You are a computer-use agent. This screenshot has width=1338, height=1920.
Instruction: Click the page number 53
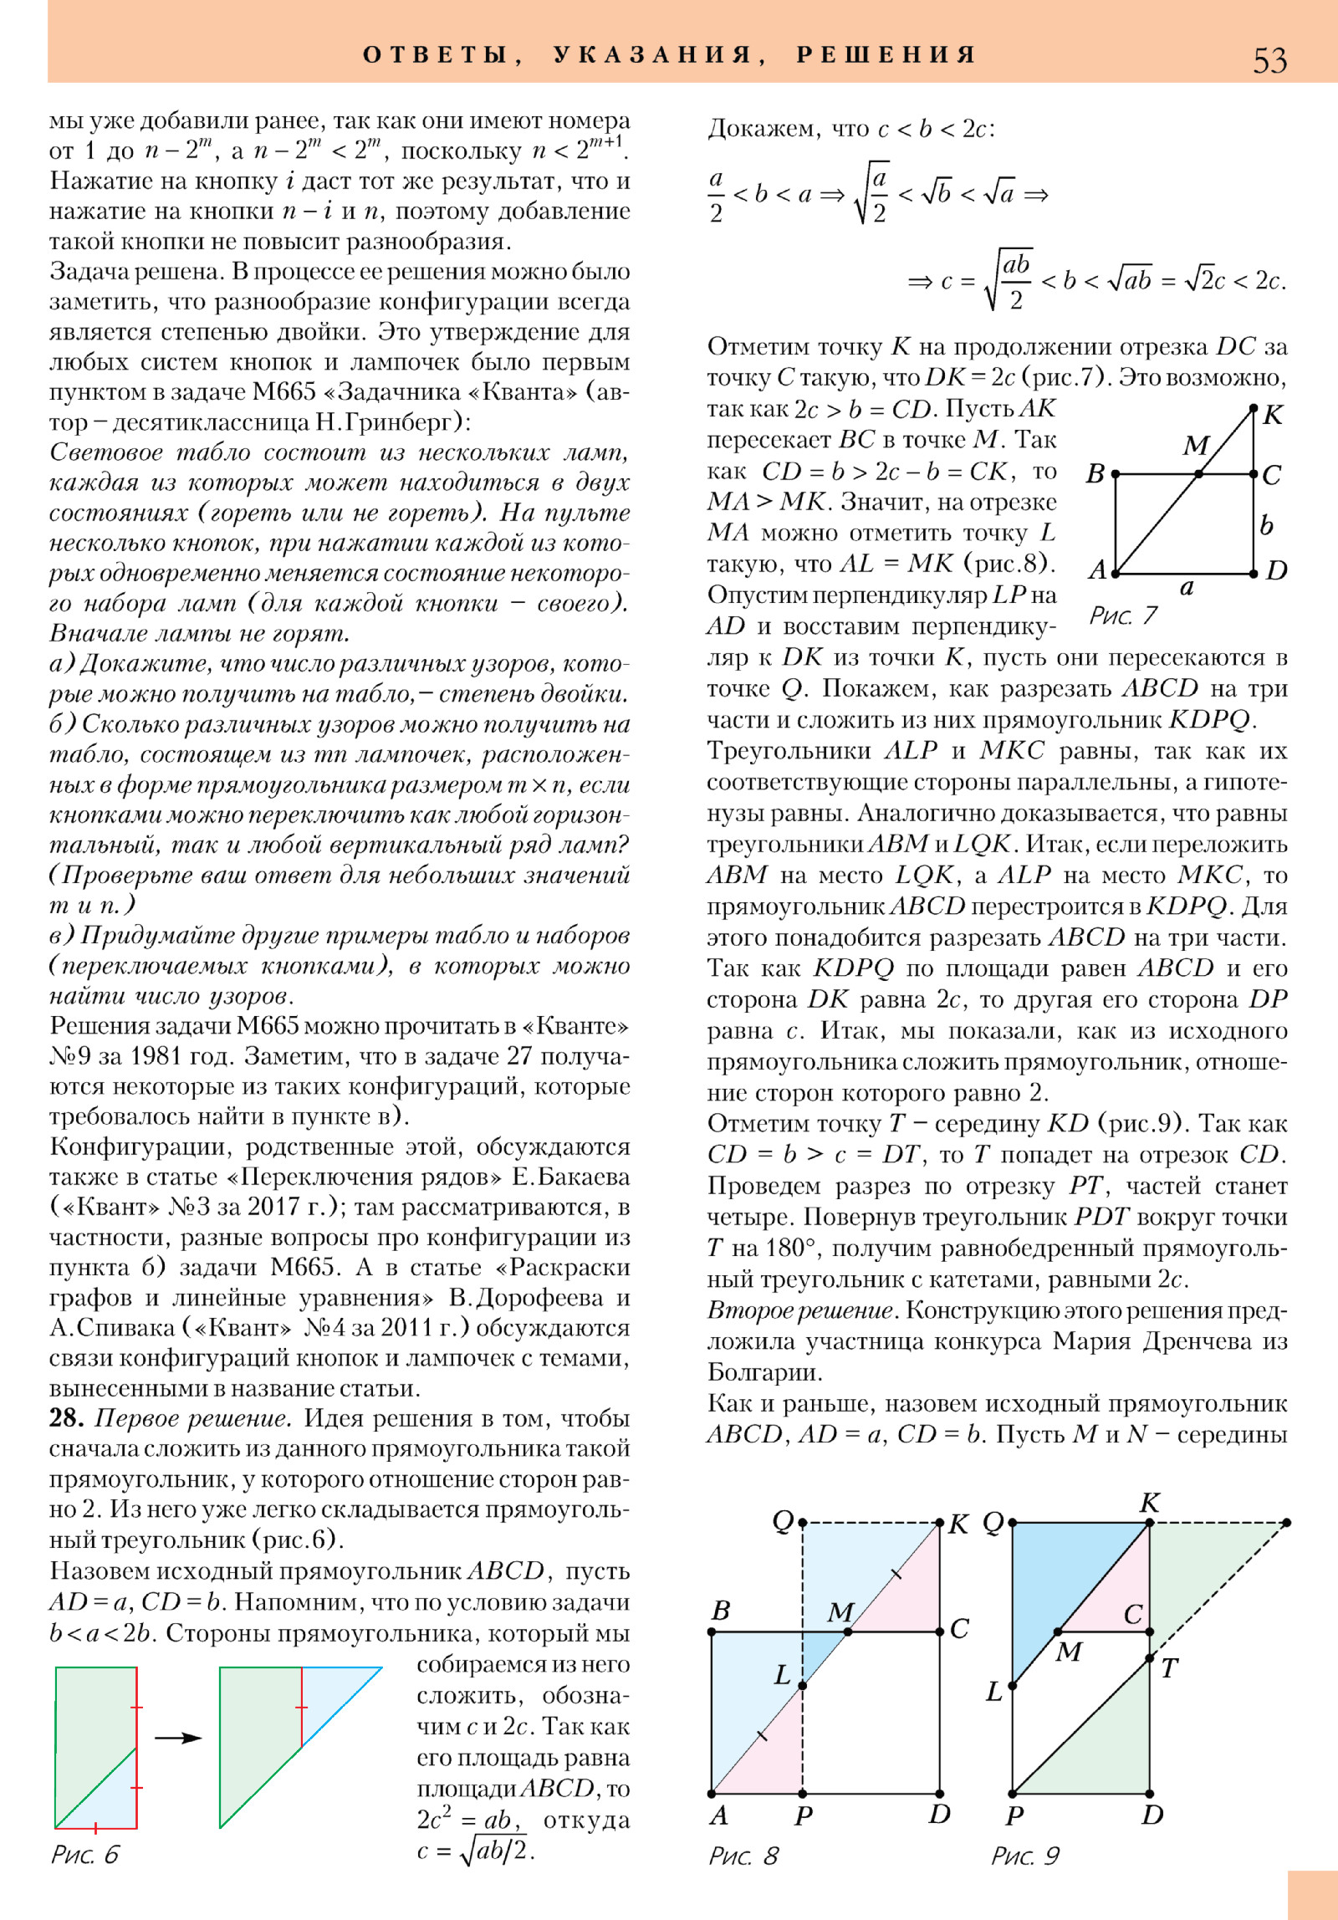click(x=1269, y=60)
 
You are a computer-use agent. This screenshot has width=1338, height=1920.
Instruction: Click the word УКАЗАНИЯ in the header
click(x=652, y=55)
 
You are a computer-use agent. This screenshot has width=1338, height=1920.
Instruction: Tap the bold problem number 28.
click(x=66, y=1417)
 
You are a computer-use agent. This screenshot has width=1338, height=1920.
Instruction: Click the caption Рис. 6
click(x=84, y=1854)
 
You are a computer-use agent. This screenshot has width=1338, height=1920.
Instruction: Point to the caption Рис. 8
click(x=743, y=1856)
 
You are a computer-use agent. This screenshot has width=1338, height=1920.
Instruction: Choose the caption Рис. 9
click(x=1025, y=1856)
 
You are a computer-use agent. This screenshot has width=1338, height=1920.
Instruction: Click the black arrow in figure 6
click(x=178, y=1738)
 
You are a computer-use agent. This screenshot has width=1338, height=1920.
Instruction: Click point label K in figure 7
click(x=1273, y=415)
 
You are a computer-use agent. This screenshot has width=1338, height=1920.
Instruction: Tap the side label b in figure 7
click(x=1267, y=525)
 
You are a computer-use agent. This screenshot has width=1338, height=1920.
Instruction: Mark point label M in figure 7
click(x=1196, y=446)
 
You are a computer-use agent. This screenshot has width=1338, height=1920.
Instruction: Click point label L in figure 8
click(x=783, y=1674)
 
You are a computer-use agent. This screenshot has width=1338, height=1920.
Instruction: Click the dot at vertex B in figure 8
click(x=712, y=1631)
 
